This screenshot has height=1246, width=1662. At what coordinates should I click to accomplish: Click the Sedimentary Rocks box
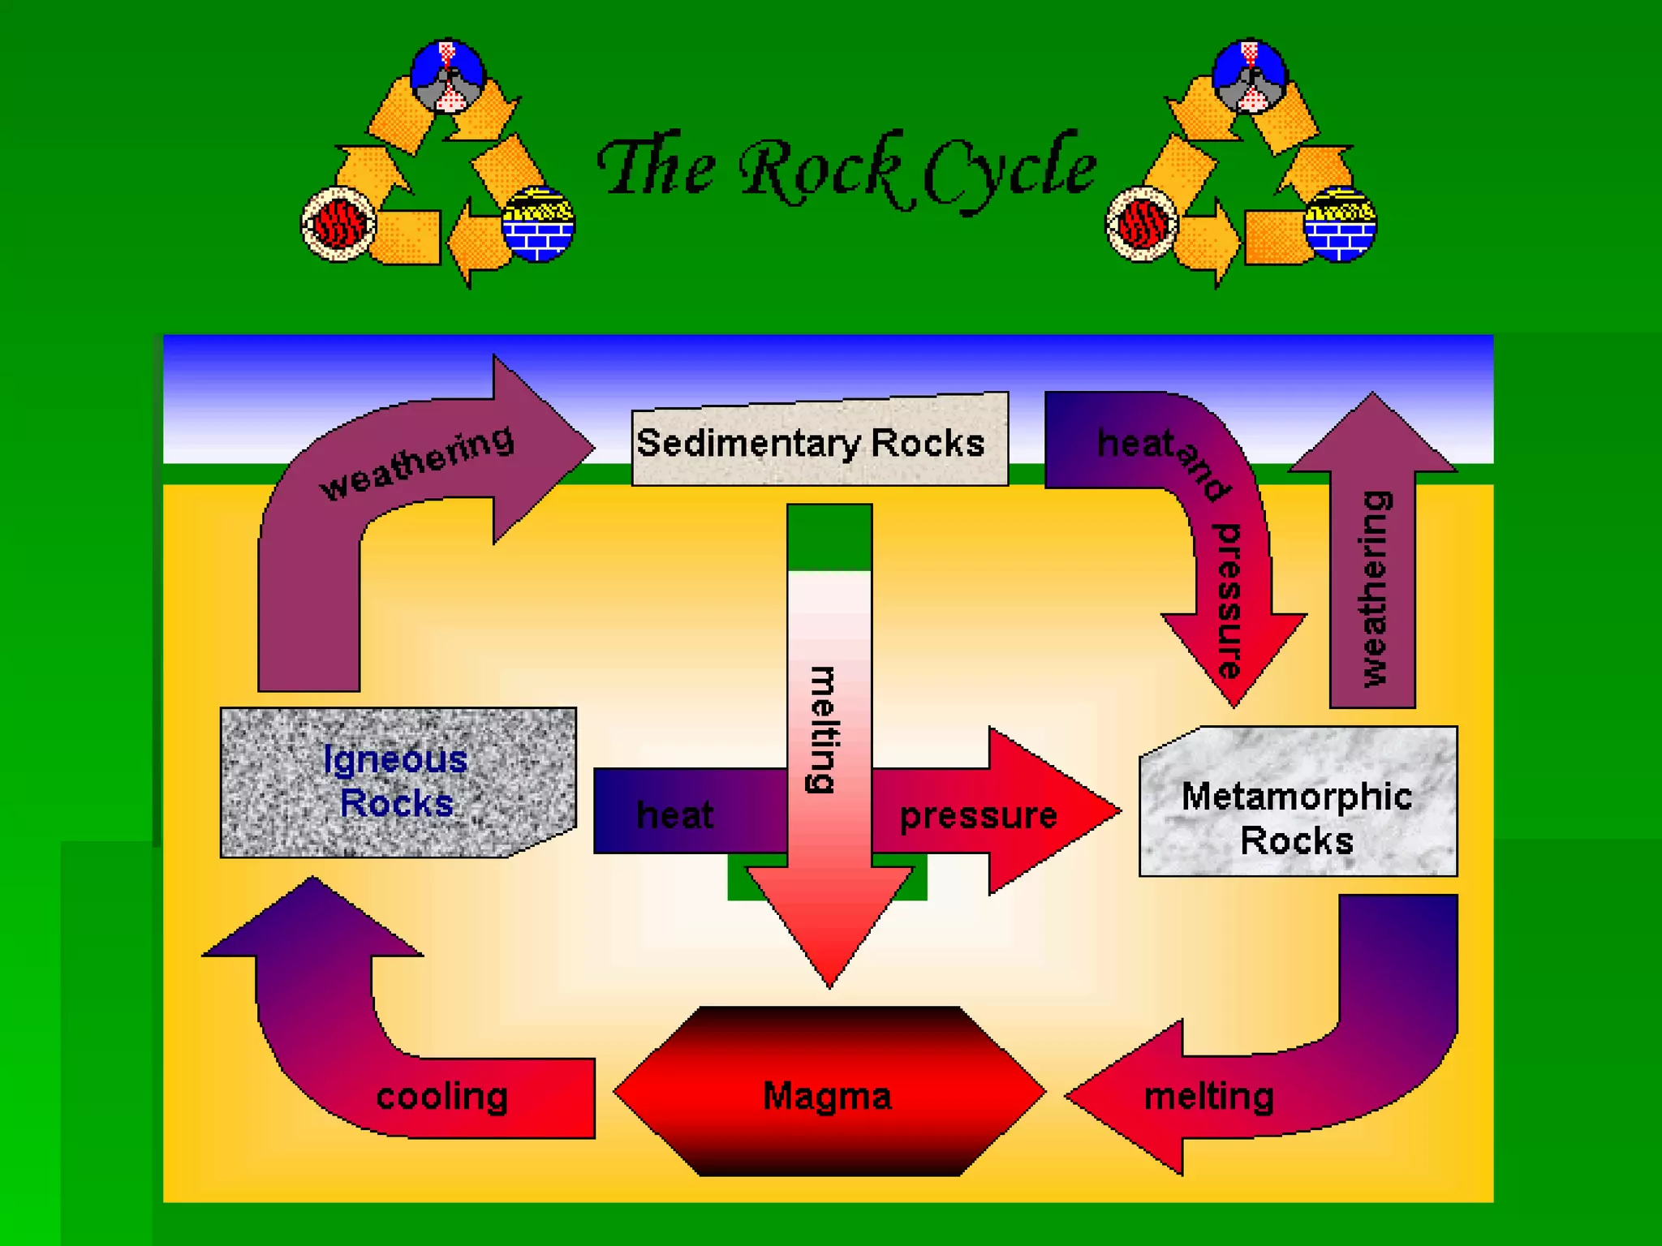820,441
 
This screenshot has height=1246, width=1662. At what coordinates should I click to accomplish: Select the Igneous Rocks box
398,782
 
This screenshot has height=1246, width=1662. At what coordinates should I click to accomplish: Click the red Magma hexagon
828,1095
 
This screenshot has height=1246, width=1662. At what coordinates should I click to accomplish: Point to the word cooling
441,1097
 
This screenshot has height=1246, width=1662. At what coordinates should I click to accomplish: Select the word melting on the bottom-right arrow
1208,1097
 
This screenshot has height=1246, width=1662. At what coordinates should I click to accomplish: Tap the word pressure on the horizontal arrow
978,815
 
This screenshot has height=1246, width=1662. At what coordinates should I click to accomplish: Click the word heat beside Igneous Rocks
674,814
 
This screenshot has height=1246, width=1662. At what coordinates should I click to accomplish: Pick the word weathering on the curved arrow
417,462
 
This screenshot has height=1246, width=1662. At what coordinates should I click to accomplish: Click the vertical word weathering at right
1374,588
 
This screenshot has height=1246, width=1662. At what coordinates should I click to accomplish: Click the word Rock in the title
820,170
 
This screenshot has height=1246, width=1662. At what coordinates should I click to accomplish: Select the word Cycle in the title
1010,170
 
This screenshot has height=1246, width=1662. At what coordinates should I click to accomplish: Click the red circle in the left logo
338,224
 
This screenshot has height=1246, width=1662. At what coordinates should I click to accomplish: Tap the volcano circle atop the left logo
448,75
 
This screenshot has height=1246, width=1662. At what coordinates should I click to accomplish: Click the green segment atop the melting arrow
829,537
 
